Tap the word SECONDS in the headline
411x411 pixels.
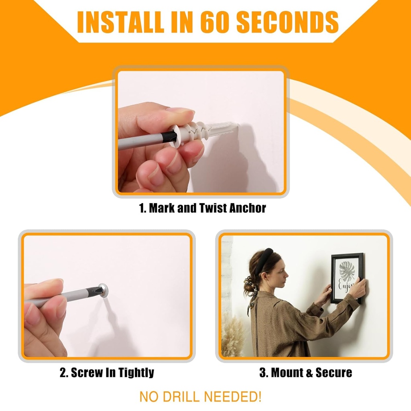tap(287, 22)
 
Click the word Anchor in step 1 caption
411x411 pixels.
tap(247, 208)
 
